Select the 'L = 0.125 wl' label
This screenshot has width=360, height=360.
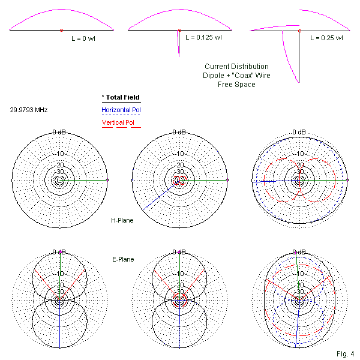tap(203, 37)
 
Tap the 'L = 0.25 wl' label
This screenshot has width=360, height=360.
tap(326, 37)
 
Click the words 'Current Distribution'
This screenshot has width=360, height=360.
tap(236, 67)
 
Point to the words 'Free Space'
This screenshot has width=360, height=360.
tap(236, 85)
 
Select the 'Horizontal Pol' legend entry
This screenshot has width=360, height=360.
tap(121, 110)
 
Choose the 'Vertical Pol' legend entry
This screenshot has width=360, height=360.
tap(118, 123)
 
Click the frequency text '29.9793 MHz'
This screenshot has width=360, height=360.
tap(29, 110)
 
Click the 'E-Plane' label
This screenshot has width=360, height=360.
tap(122, 259)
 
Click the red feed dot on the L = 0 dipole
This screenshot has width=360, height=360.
tap(61, 30)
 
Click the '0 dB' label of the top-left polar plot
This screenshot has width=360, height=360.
tap(59, 132)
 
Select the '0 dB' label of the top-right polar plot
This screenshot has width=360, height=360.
tap(299, 132)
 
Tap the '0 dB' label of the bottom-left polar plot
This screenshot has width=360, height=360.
tap(59, 252)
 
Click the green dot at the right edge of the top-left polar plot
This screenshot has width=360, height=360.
tap(107, 180)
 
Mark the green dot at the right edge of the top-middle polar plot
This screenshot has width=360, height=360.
tap(227, 180)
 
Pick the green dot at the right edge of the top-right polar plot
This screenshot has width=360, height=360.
tap(347, 180)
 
